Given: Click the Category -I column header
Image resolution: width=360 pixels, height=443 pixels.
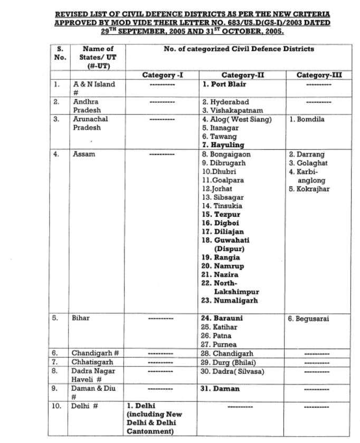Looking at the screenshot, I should point(162,75).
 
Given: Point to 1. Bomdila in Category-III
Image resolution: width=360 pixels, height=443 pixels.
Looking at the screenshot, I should point(307,120).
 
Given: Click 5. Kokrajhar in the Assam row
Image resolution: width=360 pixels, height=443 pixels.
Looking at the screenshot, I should point(309,189).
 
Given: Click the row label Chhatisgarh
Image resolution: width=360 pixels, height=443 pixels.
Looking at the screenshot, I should point(91,362).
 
